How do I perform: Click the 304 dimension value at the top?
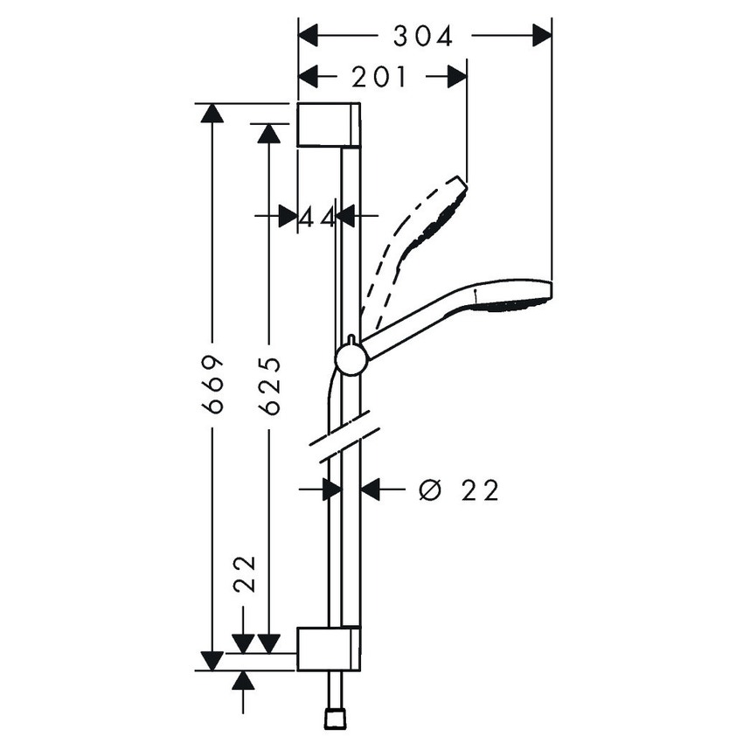(x=423, y=36)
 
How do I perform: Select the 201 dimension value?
(x=380, y=78)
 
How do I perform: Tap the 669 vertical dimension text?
(x=212, y=385)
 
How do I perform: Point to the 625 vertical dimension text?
(x=269, y=385)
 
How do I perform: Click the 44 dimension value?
(x=316, y=215)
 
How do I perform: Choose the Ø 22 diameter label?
(x=458, y=490)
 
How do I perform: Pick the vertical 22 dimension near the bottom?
(x=244, y=573)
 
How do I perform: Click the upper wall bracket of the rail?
(x=328, y=124)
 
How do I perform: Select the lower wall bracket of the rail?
(x=328, y=649)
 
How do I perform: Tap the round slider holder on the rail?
(x=351, y=358)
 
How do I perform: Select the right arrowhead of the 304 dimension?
(x=542, y=36)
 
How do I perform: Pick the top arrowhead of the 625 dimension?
(x=269, y=133)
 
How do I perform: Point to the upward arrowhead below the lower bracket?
(x=244, y=680)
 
